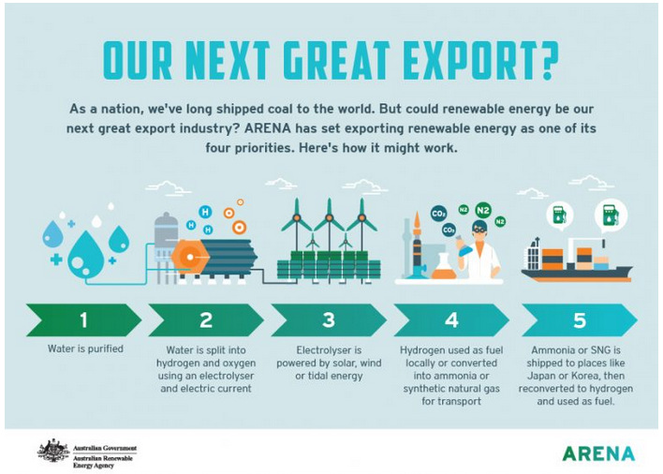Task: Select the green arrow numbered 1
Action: click(x=83, y=320)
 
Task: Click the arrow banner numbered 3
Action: click(x=329, y=320)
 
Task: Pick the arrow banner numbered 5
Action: click(x=580, y=320)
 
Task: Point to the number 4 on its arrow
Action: click(x=451, y=320)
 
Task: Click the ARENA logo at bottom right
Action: click(x=598, y=453)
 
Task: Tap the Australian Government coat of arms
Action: click(x=53, y=452)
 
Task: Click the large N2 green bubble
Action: click(x=483, y=210)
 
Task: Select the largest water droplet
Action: click(x=86, y=257)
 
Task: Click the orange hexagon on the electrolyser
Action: click(x=190, y=257)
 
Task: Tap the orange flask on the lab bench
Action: click(x=444, y=267)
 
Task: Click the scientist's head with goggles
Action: click(x=479, y=230)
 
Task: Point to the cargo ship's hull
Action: click(x=577, y=274)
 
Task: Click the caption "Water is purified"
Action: click(x=85, y=348)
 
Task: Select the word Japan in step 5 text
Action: click(x=542, y=376)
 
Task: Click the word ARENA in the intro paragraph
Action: click(x=267, y=128)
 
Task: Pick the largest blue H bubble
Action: click(x=205, y=212)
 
